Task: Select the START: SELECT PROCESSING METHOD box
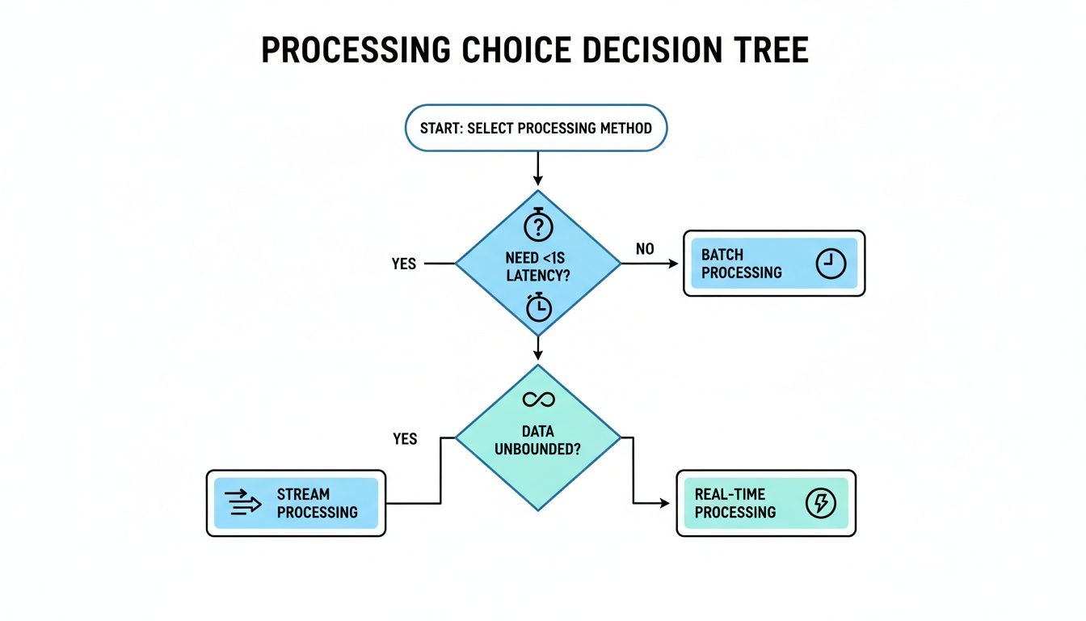coord(536,128)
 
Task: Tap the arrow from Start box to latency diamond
coord(537,170)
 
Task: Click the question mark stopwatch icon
coord(538,226)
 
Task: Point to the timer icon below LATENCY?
coord(538,307)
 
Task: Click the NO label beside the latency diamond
coord(645,249)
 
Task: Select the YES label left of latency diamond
coord(404,264)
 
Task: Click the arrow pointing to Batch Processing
coord(650,264)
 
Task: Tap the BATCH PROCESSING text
coord(741,264)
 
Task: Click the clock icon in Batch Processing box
coord(830,264)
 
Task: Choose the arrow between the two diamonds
coord(537,348)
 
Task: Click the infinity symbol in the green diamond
coord(537,399)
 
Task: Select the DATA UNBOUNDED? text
coord(537,441)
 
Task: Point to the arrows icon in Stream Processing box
coord(244,503)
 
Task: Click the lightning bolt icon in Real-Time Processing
coord(821,503)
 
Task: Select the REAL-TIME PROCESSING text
coord(735,503)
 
